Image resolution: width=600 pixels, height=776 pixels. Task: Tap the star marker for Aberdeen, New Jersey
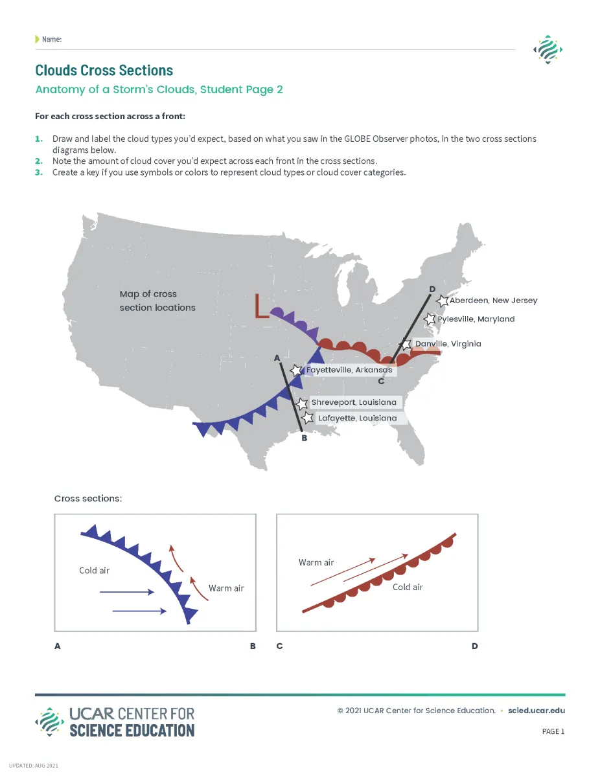(x=443, y=301)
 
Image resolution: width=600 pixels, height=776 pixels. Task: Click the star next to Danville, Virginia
(x=406, y=344)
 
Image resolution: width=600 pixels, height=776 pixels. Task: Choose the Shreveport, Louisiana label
(x=353, y=402)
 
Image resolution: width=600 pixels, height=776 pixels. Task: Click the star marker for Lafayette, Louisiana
(x=308, y=418)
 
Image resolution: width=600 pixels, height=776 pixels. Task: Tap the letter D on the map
(x=432, y=288)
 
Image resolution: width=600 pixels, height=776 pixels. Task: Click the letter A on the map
(x=277, y=357)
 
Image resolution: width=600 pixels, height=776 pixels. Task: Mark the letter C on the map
(x=381, y=381)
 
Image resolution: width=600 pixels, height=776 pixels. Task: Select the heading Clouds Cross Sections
(x=104, y=70)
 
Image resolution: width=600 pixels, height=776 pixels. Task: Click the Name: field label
(x=51, y=40)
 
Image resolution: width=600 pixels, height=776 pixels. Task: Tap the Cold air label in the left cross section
(x=94, y=571)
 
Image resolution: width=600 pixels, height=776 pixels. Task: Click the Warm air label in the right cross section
(x=316, y=562)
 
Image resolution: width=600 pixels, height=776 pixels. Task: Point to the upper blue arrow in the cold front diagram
(x=127, y=592)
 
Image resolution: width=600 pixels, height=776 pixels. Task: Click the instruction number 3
(x=38, y=172)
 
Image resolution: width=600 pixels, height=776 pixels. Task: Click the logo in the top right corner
(x=547, y=50)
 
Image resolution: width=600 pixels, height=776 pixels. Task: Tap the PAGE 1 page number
(x=553, y=731)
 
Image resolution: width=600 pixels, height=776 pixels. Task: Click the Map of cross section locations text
(x=157, y=301)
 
